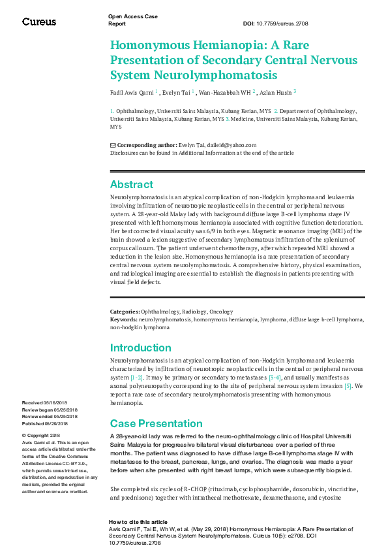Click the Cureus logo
coord(38,22)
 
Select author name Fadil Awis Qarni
coord(132,93)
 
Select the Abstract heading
coord(132,184)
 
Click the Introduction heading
coord(141,348)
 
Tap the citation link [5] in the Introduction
coord(348,386)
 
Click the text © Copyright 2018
coord(41,435)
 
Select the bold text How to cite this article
coord(138,522)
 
